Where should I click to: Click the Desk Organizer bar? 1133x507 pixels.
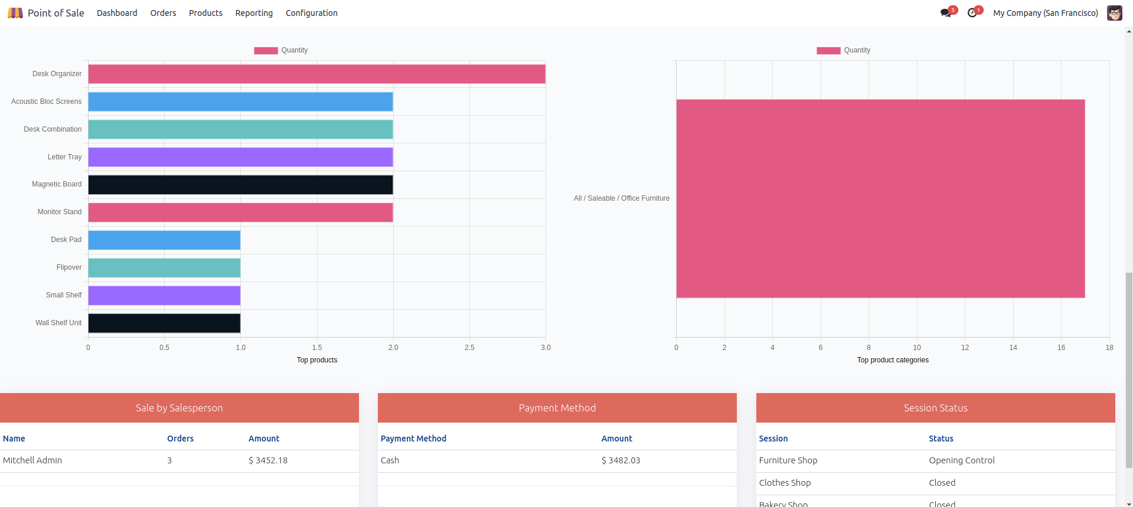coord(316,74)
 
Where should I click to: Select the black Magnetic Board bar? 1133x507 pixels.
coord(240,185)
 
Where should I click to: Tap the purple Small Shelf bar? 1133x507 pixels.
coord(164,295)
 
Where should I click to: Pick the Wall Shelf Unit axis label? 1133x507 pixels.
coord(58,323)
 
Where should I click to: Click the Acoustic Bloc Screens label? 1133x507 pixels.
coord(47,102)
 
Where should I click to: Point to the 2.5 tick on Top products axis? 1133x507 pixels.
coord(469,348)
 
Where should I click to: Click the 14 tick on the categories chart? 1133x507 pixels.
coord(1013,348)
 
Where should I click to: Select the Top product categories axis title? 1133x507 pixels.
coord(893,360)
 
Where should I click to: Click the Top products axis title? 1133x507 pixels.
coord(317,360)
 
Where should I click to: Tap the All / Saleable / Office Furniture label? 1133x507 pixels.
coord(622,198)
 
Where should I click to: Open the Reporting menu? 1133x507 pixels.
coord(254,13)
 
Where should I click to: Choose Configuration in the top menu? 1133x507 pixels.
coord(312,13)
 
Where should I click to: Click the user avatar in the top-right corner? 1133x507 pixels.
coord(1115,13)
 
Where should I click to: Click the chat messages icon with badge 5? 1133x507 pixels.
coord(946,13)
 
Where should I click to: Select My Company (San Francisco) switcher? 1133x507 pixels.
coord(1046,13)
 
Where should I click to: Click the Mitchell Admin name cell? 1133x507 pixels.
coord(32,460)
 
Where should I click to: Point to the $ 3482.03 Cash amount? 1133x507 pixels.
coord(621,460)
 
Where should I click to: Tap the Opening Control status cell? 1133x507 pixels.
coord(962,460)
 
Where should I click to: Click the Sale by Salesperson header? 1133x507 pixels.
coord(179,408)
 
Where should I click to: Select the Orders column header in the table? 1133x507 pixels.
coord(180,439)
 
